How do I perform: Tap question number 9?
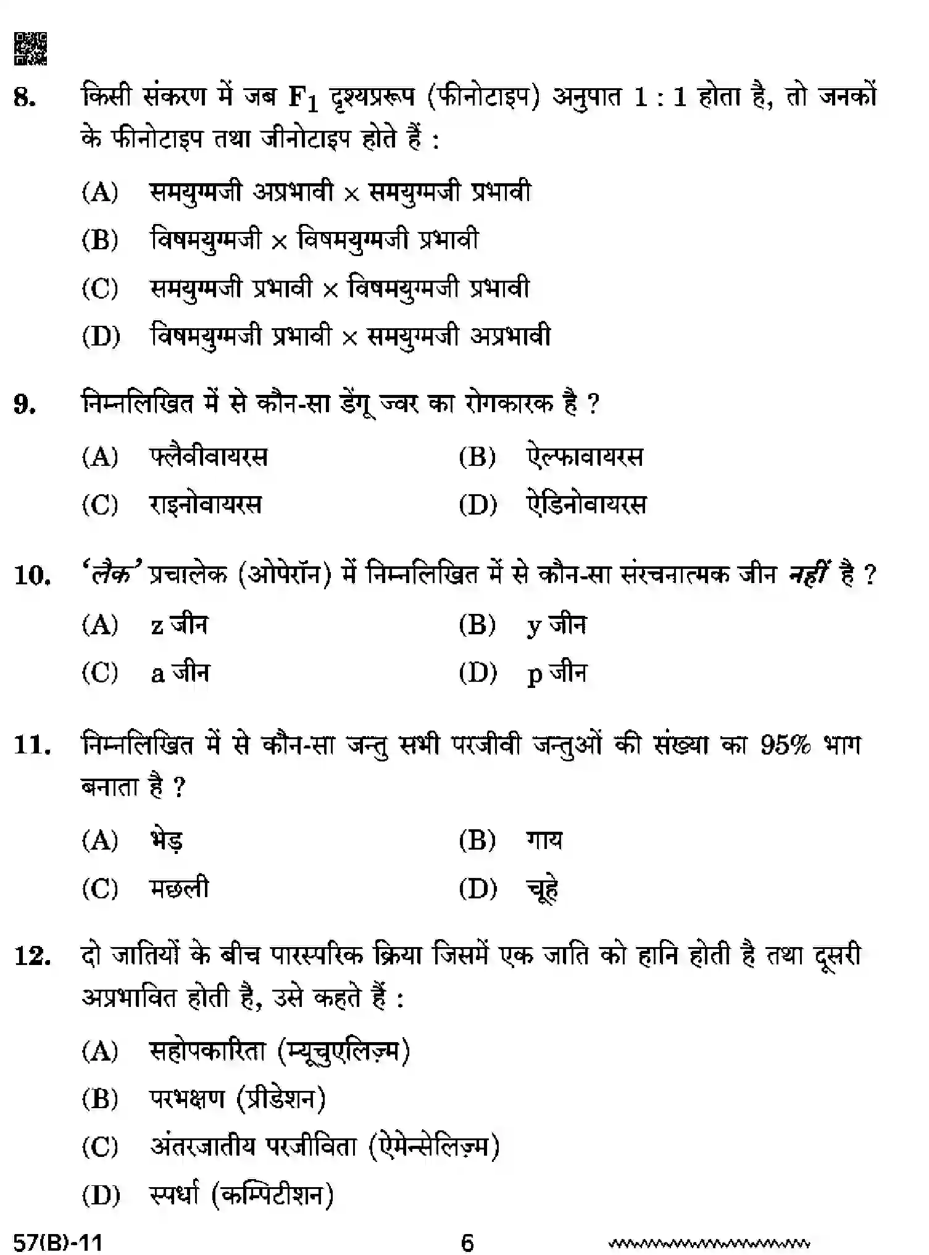pos(24,405)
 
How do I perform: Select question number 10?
pos(31,575)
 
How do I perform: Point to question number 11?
pos(31,745)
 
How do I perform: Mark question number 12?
pos(31,956)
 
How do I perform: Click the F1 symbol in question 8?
pos(303,99)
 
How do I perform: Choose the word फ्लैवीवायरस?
pos(209,457)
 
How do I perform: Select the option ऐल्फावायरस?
pos(585,457)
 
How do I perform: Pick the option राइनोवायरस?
pos(206,505)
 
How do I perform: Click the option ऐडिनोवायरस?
pos(586,505)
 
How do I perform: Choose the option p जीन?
pos(557,673)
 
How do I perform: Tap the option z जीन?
pos(179,625)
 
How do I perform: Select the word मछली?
pos(179,888)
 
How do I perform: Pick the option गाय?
pos(544,840)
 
